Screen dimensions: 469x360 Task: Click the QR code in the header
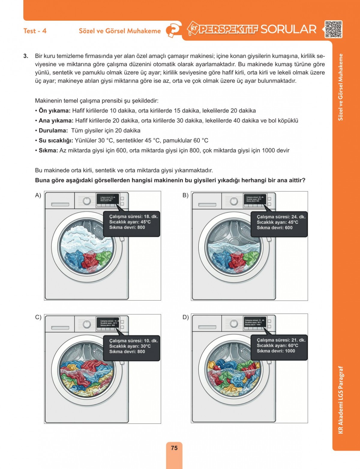click(x=333, y=29)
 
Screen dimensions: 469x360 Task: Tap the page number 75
click(x=174, y=448)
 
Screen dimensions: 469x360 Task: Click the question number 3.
click(x=26, y=56)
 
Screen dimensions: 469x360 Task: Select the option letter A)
click(x=38, y=196)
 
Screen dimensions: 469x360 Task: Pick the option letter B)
click(x=185, y=196)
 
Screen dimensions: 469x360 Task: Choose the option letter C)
click(x=38, y=317)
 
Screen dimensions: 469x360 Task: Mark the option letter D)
click(x=185, y=317)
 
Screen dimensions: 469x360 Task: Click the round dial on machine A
click(x=87, y=201)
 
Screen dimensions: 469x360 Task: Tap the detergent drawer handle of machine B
click(x=207, y=205)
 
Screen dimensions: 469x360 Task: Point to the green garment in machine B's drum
click(x=251, y=257)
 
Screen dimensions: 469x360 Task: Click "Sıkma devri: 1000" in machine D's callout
click(x=276, y=351)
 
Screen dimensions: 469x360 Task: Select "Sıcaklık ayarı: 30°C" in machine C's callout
click(x=130, y=346)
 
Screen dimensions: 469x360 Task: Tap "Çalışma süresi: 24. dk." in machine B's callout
click(x=281, y=217)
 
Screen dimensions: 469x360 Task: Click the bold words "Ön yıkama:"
click(x=54, y=111)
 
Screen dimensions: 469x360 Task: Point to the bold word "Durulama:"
click(x=53, y=131)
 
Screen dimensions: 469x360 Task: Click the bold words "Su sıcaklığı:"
click(x=56, y=141)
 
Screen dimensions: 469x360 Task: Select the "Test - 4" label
click(x=35, y=31)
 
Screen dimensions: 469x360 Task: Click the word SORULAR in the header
click(x=288, y=29)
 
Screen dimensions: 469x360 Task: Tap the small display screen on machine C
click(x=108, y=323)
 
